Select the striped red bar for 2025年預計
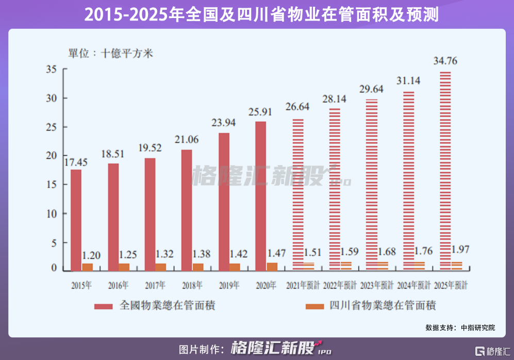point(445,171)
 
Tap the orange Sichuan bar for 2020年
point(272,266)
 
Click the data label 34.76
point(445,61)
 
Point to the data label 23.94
point(224,123)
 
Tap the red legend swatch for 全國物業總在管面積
point(103,306)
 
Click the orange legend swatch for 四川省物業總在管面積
point(313,306)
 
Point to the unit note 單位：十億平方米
point(111,53)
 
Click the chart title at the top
point(257,14)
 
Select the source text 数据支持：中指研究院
point(460,328)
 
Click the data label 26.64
point(298,107)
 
